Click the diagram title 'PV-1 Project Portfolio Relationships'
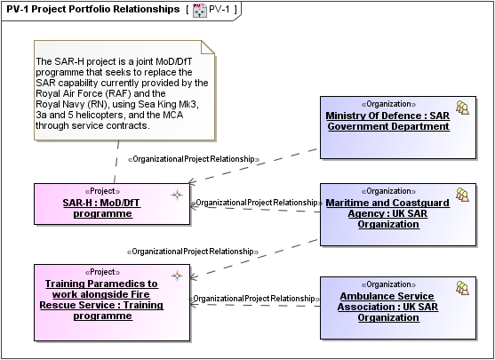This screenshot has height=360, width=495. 92,9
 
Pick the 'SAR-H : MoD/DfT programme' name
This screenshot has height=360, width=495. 102,208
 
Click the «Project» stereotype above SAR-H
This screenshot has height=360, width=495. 102,191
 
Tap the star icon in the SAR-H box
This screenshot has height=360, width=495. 177,193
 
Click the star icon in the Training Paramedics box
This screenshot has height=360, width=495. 177,274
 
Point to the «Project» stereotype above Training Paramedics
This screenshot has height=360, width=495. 101,272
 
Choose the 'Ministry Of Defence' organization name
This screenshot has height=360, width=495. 388,121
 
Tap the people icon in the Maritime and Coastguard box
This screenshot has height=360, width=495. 462,194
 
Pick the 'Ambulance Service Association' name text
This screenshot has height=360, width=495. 388,306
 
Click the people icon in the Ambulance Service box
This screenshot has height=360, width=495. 462,287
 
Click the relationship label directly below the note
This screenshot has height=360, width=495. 193,159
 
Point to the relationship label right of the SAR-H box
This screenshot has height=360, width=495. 256,203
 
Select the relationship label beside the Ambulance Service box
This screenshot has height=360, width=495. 255,299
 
